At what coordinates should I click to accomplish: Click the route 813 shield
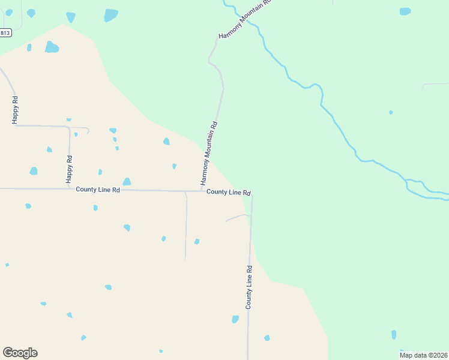pos(5,33)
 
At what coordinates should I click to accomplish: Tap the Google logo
pos(20,353)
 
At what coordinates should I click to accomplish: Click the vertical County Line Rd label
pos(249,287)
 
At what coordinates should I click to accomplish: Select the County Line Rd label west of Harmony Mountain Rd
pos(98,190)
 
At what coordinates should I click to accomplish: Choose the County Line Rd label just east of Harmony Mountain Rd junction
pos(229,192)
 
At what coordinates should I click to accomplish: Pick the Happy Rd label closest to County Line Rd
pos(69,169)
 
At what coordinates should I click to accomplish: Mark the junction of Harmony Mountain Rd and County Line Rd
pos(202,191)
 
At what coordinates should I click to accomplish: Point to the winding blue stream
pos(336,126)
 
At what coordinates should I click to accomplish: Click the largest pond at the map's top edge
pos(110,15)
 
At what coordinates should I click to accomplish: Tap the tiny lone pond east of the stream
pos(391,112)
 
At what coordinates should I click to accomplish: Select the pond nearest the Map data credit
pos(394,334)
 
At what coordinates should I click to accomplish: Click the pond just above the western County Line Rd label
pos(127,182)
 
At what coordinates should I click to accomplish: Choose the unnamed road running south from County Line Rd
pos(186,228)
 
